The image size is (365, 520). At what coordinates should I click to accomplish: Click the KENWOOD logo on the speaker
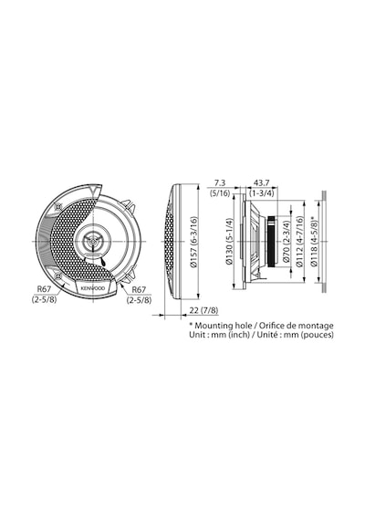click(x=92, y=288)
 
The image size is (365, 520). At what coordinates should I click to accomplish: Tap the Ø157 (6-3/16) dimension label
click(x=193, y=242)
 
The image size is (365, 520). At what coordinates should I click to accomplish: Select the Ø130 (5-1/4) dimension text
click(x=230, y=241)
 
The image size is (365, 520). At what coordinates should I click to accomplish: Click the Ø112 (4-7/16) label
click(x=299, y=242)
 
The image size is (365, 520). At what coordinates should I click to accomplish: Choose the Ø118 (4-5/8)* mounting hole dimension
click(x=314, y=242)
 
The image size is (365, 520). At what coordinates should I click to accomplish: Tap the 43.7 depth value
click(x=261, y=182)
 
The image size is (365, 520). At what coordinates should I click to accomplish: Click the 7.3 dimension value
click(x=220, y=182)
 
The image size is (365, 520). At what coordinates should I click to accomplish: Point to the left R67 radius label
click(x=44, y=289)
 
